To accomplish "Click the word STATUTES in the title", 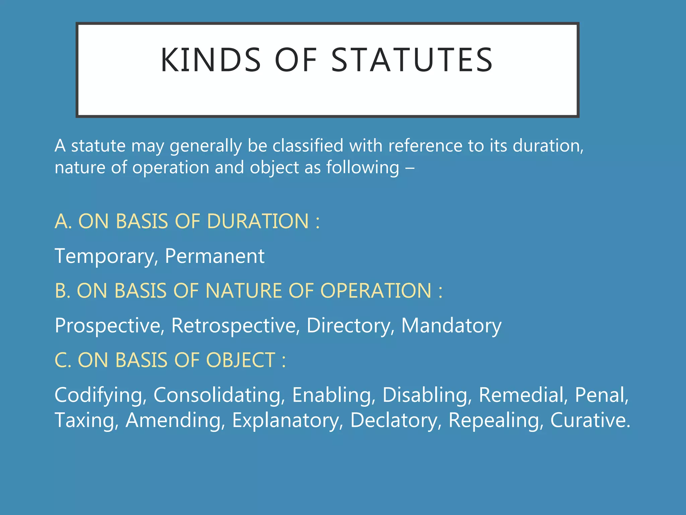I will [412, 60].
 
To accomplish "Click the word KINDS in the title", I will [211, 60].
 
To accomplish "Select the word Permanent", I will [215, 256].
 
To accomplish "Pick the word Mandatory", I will [451, 326].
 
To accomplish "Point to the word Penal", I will [602, 395].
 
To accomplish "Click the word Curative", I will [590, 420].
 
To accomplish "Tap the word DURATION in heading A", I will [258, 222].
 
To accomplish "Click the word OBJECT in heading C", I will [241, 360].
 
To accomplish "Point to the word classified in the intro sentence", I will [308, 146].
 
